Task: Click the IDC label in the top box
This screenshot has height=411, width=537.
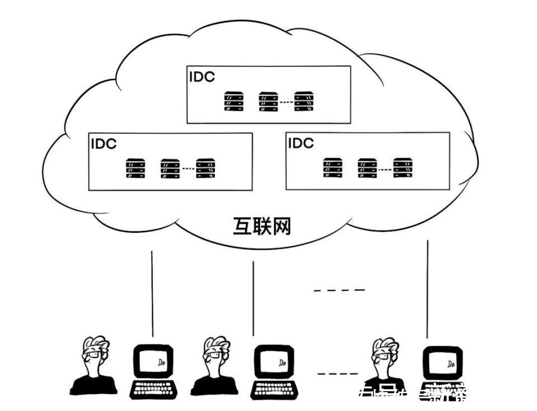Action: click(201, 77)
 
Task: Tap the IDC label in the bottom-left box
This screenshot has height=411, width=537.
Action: click(103, 144)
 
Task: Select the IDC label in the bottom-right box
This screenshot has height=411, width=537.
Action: click(300, 144)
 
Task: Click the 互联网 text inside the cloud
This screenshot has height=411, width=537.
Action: click(262, 226)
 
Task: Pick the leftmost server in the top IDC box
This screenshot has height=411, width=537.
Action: click(233, 102)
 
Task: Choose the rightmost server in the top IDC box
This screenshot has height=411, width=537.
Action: click(304, 102)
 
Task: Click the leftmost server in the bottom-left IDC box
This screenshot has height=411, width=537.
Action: click(135, 168)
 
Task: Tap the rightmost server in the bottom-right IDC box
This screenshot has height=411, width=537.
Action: click(402, 168)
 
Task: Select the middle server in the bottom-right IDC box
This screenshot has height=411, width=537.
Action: click(368, 168)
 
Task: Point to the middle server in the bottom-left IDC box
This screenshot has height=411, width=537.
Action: click(170, 168)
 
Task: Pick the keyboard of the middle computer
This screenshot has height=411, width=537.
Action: click(274, 388)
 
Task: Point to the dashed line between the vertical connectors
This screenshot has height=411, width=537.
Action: click(339, 290)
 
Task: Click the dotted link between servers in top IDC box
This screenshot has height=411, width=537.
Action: click(286, 102)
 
